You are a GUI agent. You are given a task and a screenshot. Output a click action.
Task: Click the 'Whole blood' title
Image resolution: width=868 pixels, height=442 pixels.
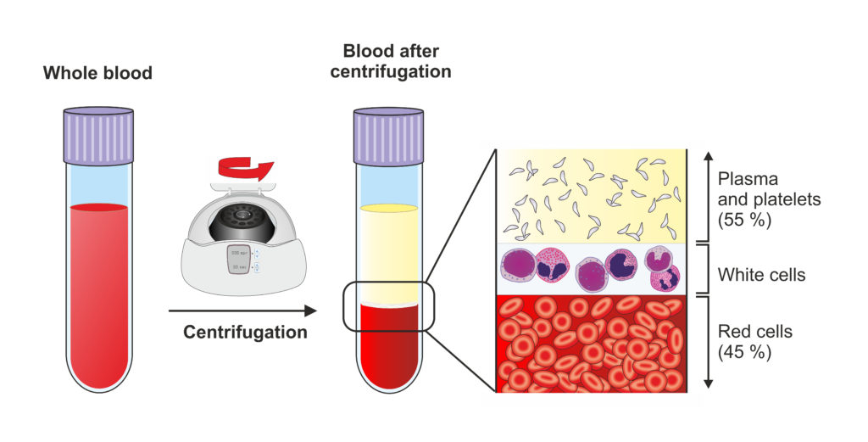pyautogui.click(x=98, y=74)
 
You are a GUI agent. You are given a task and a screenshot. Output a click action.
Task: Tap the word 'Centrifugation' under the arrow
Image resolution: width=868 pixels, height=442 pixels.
pyautogui.click(x=246, y=333)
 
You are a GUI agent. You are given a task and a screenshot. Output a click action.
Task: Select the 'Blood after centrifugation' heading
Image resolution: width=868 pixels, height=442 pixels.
pyautogui.click(x=390, y=61)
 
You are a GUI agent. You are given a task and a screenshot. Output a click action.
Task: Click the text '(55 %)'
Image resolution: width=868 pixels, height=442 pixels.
pyautogui.click(x=744, y=219)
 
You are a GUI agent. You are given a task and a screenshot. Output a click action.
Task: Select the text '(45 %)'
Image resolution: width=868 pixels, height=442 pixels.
pyautogui.click(x=744, y=350)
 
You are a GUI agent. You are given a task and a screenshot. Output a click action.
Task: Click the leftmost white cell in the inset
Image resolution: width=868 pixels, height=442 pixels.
pyautogui.click(x=520, y=265)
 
